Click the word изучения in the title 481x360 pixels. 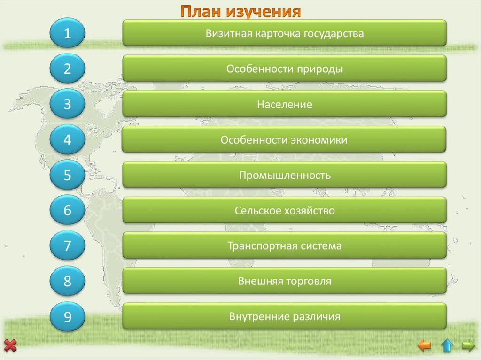264,11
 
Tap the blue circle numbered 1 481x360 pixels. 67,33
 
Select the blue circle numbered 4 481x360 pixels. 67,140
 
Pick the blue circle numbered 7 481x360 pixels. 67,245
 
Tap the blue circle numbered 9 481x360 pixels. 67,317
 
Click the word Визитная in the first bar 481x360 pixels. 224,33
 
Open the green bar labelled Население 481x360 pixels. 284,104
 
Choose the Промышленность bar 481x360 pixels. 284,176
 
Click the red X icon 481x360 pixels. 10,346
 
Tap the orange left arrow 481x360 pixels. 424,346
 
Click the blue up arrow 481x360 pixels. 447,346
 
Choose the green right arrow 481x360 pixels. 468,346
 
